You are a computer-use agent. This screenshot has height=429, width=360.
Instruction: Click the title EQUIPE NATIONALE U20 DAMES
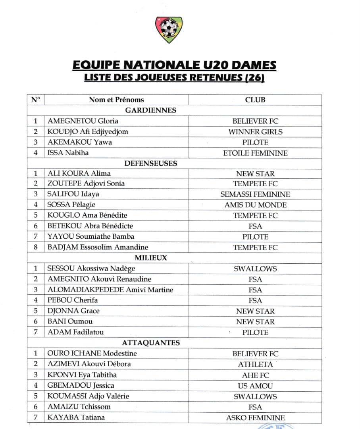175,65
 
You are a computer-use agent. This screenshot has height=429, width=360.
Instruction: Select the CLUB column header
255,100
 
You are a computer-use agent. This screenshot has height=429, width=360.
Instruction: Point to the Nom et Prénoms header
116,100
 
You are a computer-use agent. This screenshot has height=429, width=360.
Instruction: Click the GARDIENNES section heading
150,110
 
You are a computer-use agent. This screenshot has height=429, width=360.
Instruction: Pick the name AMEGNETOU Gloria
83,121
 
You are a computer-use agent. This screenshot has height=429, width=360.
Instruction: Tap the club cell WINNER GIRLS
255,132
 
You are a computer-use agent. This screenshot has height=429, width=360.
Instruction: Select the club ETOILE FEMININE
255,153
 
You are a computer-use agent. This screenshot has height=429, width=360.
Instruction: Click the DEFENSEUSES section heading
150,163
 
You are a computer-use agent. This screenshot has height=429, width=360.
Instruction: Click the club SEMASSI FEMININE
255,194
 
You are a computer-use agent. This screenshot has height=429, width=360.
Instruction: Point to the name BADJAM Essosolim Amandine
98,247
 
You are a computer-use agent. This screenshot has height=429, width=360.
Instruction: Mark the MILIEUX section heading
150,258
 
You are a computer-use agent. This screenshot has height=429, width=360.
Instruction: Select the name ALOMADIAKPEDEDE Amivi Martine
110,290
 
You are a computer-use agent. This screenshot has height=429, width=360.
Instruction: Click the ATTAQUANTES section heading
150,342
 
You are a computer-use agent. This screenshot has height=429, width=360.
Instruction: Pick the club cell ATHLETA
255,364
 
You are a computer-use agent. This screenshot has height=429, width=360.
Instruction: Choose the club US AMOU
255,385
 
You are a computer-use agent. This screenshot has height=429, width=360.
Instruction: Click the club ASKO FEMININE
255,417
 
